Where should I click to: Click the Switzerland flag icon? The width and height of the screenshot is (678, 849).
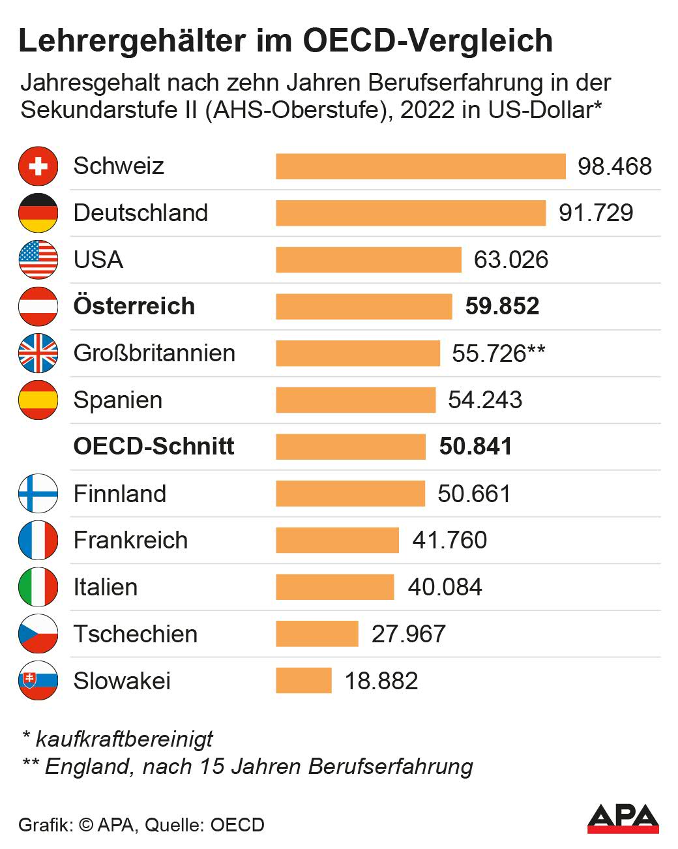click(38, 166)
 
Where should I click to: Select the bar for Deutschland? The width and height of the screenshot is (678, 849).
click(411, 213)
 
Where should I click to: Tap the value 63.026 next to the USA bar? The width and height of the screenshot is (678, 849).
click(510, 260)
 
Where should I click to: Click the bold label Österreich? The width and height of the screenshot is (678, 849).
click(134, 306)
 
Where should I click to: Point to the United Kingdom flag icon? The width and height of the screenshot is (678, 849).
click(38, 353)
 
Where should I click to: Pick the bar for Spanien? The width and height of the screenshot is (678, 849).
click(355, 400)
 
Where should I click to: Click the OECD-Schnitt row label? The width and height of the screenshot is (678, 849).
click(154, 446)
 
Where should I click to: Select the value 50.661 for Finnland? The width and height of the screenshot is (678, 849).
click(474, 494)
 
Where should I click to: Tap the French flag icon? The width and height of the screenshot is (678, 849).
click(38, 540)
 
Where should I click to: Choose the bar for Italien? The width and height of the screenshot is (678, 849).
click(335, 587)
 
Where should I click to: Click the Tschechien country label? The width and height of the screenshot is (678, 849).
click(136, 634)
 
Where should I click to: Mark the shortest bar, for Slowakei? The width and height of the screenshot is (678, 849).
click(304, 681)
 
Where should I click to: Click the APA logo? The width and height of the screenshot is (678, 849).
click(623, 818)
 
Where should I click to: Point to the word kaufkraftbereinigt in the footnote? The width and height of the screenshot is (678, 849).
click(124, 739)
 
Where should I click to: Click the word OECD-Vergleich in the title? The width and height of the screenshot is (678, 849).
click(428, 40)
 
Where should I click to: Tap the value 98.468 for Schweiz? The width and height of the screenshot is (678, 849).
click(615, 166)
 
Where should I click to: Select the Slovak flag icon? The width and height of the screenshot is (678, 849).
click(38, 681)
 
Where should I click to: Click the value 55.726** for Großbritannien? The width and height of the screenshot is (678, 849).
click(498, 353)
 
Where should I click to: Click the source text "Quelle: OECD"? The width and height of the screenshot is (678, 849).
click(205, 825)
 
